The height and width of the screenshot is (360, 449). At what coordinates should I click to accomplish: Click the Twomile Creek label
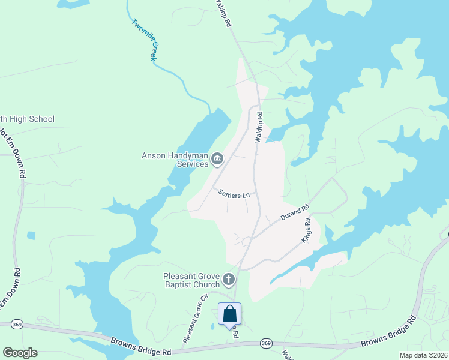click(147, 43)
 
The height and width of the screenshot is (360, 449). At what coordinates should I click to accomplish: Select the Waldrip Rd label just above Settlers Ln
click(259, 126)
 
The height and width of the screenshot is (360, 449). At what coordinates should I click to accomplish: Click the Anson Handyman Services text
click(175, 160)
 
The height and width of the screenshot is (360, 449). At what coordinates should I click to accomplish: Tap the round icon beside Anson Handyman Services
click(217, 159)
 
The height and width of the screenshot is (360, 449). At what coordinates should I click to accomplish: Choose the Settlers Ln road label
click(234, 193)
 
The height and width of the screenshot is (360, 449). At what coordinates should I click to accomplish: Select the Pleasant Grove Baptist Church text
click(191, 280)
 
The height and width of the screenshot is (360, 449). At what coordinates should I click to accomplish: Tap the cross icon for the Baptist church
click(228, 279)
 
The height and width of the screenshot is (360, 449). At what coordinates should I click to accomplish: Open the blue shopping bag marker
click(229, 314)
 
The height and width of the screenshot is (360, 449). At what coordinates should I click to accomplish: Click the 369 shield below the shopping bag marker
click(267, 343)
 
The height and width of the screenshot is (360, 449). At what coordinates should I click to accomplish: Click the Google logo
click(20, 353)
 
